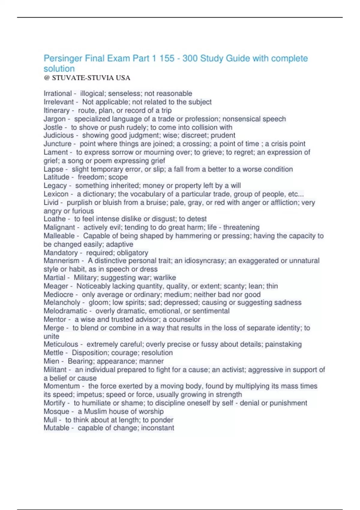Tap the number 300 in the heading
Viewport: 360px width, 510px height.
pyautogui.click(x=190, y=58)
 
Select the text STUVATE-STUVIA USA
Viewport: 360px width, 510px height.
pyautogui.click(x=91, y=78)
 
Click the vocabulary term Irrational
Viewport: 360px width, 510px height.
pyautogui.click(x=58, y=94)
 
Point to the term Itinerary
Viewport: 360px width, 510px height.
pyautogui.click(x=56, y=110)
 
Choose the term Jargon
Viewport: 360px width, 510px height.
pyautogui.click(x=54, y=119)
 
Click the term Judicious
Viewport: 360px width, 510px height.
pyautogui.click(x=58, y=135)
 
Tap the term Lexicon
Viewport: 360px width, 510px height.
pyautogui.click(x=56, y=194)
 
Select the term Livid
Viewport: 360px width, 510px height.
pyautogui.click(x=51, y=202)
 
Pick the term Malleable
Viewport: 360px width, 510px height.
pyautogui.click(x=59, y=236)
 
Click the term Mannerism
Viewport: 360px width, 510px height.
pyautogui.click(x=61, y=261)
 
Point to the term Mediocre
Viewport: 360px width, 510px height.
pyautogui.click(x=58, y=295)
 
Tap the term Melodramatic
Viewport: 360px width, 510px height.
pyautogui.click(x=65, y=311)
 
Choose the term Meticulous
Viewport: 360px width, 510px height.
pyautogui.click(x=61, y=344)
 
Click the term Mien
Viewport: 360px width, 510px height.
pyautogui.click(x=51, y=361)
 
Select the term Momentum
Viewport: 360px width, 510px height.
pyautogui.click(x=61, y=386)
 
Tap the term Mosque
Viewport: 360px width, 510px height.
pyautogui.click(x=56, y=412)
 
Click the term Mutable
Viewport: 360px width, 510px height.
pyautogui.click(x=56, y=428)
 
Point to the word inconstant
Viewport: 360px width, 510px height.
pyautogui.click(x=157, y=428)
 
